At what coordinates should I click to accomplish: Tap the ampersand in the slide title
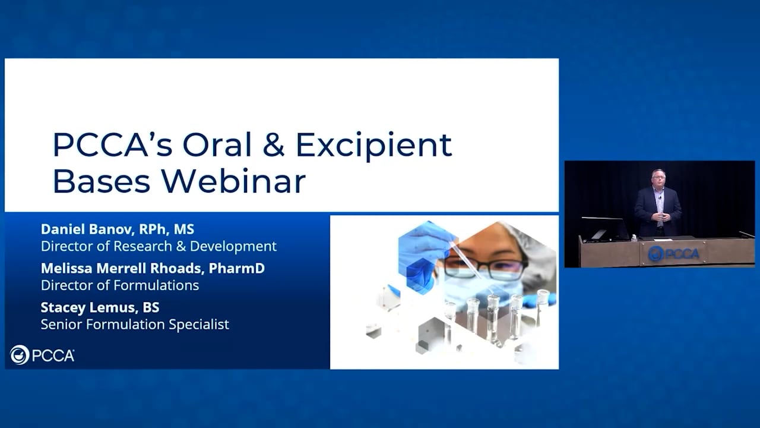273,144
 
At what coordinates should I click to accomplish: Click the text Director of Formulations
119,285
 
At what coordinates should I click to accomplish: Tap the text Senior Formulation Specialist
135,325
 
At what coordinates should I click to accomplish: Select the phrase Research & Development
210,246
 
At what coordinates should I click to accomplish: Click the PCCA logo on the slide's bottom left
42,355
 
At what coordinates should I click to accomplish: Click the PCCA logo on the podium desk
673,254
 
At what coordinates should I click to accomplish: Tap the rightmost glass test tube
542,309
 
